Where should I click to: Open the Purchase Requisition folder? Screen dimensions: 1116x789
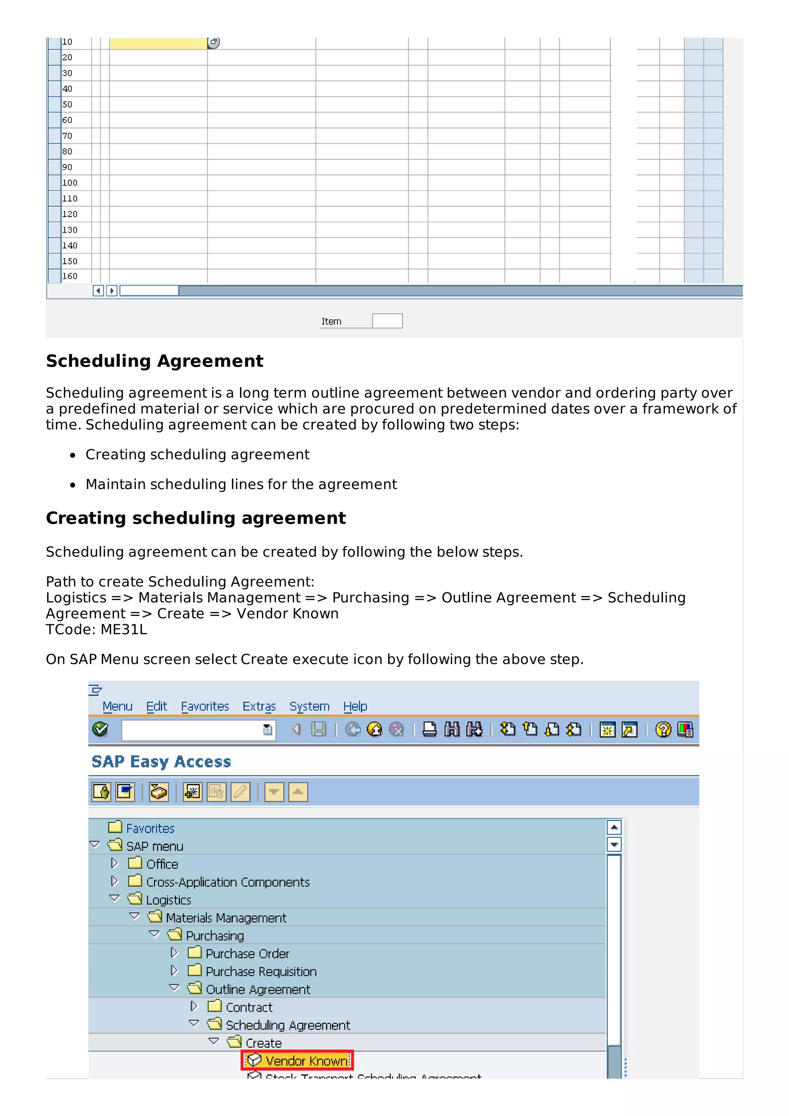click(260, 971)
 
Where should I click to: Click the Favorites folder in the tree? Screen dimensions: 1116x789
click(150, 828)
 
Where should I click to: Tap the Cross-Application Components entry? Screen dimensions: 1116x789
click(228, 882)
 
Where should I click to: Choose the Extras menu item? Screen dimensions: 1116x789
click(259, 706)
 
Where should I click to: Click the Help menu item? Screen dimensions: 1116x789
click(355, 706)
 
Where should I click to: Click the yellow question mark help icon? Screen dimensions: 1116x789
click(663, 730)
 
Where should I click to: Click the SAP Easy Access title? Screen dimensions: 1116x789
click(161, 761)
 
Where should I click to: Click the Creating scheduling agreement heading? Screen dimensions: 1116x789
click(195, 518)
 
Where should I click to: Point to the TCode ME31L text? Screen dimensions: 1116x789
click(96, 630)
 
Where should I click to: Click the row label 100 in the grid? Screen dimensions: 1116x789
click(69, 183)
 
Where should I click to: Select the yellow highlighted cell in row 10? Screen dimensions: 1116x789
click(158, 43)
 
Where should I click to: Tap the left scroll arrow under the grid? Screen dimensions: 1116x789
click(98, 291)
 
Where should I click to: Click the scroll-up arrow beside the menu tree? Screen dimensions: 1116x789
click(614, 827)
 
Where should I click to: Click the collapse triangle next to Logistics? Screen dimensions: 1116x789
click(115, 898)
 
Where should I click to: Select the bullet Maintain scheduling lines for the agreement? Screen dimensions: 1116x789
click(241, 484)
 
